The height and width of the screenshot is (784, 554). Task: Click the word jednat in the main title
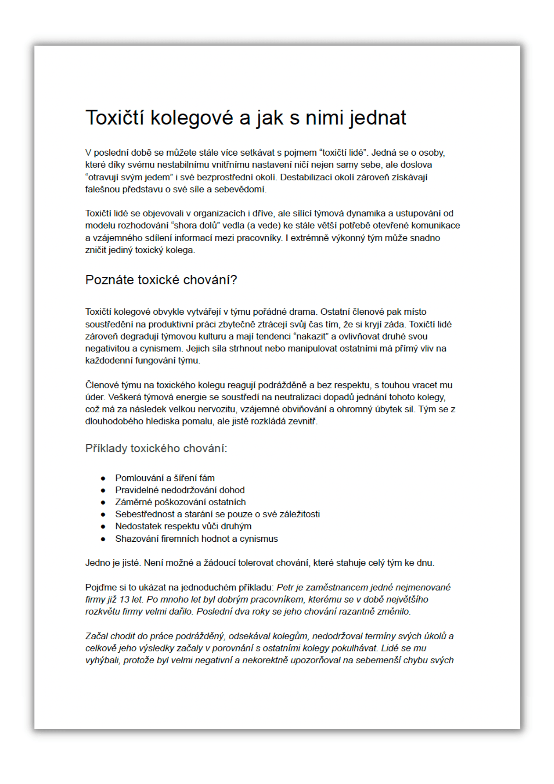(378, 118)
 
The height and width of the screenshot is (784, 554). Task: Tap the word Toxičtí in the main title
(115, 118)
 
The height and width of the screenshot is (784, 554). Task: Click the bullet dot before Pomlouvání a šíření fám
(103, 478)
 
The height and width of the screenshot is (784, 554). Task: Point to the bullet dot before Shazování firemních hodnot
(103, 539)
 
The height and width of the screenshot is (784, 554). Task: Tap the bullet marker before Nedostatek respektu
(103, 526)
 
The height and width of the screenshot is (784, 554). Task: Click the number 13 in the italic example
(124, 599)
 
